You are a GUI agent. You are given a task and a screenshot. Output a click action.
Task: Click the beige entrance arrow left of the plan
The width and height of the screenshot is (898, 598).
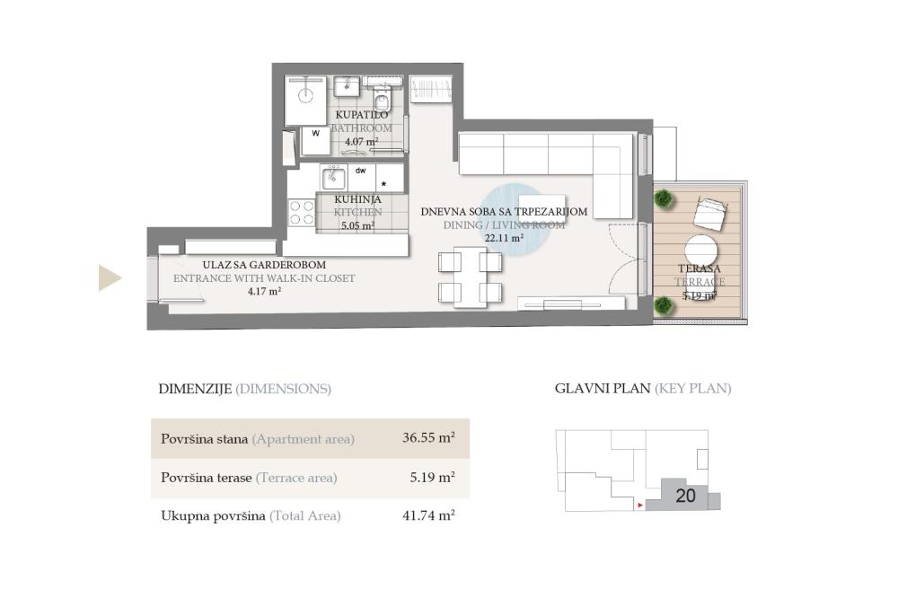109,278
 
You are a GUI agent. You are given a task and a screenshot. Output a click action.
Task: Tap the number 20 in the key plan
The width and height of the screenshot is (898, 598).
685,496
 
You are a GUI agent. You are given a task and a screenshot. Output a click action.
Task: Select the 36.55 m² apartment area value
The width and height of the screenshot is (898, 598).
428,438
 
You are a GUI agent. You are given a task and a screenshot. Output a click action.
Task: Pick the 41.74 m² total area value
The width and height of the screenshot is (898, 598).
428,515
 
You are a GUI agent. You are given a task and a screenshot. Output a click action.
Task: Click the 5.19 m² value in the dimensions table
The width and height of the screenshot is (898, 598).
432,478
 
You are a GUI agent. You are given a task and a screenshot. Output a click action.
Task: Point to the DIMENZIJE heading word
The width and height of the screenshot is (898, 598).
194,389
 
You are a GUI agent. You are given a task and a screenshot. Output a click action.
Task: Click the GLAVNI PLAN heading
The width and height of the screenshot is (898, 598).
602,389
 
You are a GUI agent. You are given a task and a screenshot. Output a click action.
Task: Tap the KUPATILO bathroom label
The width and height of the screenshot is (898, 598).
362,115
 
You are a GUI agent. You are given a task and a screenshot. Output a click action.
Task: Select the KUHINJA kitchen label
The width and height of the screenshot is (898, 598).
357,199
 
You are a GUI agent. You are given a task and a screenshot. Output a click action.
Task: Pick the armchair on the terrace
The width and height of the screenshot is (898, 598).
709,212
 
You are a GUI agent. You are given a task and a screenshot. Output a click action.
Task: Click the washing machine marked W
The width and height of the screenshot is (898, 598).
314,139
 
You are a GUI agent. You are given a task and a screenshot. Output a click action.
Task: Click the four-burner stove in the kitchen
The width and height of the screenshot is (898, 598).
302,212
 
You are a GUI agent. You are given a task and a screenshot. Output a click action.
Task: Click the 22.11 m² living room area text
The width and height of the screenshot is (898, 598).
504,239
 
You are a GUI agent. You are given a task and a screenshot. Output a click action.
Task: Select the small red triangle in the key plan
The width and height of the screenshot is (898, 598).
638,506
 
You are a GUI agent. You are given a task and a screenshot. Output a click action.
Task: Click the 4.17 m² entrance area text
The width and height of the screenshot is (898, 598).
264,291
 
